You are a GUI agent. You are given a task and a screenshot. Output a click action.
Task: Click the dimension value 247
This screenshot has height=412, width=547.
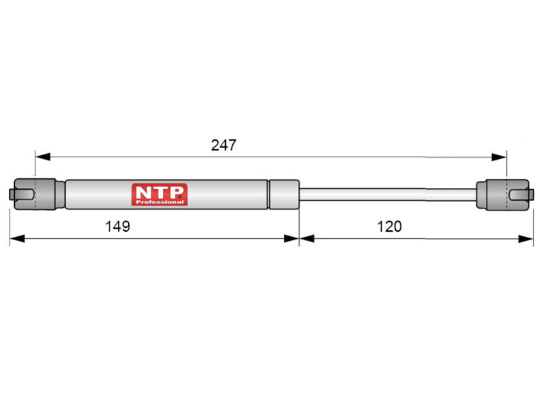(223, 145)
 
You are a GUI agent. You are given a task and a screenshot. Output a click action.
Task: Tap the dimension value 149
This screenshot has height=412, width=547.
(118, 227)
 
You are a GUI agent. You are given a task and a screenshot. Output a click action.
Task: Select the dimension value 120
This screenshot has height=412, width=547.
(389, 227)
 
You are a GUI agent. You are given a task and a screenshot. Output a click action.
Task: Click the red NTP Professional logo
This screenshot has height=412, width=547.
(160, 194)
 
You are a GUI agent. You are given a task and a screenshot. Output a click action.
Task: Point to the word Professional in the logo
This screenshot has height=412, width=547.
(160, 202)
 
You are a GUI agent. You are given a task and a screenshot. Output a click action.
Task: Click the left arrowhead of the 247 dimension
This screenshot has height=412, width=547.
(42, 156)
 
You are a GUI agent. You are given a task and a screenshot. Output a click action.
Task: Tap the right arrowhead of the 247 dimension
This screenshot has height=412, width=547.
(499, 157)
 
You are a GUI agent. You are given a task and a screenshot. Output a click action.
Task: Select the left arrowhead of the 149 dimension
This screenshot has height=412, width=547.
(17, 239)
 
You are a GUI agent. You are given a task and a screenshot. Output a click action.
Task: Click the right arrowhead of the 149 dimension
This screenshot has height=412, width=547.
(292, 239)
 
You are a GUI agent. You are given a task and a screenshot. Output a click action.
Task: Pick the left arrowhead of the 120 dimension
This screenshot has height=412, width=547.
(307, 239)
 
